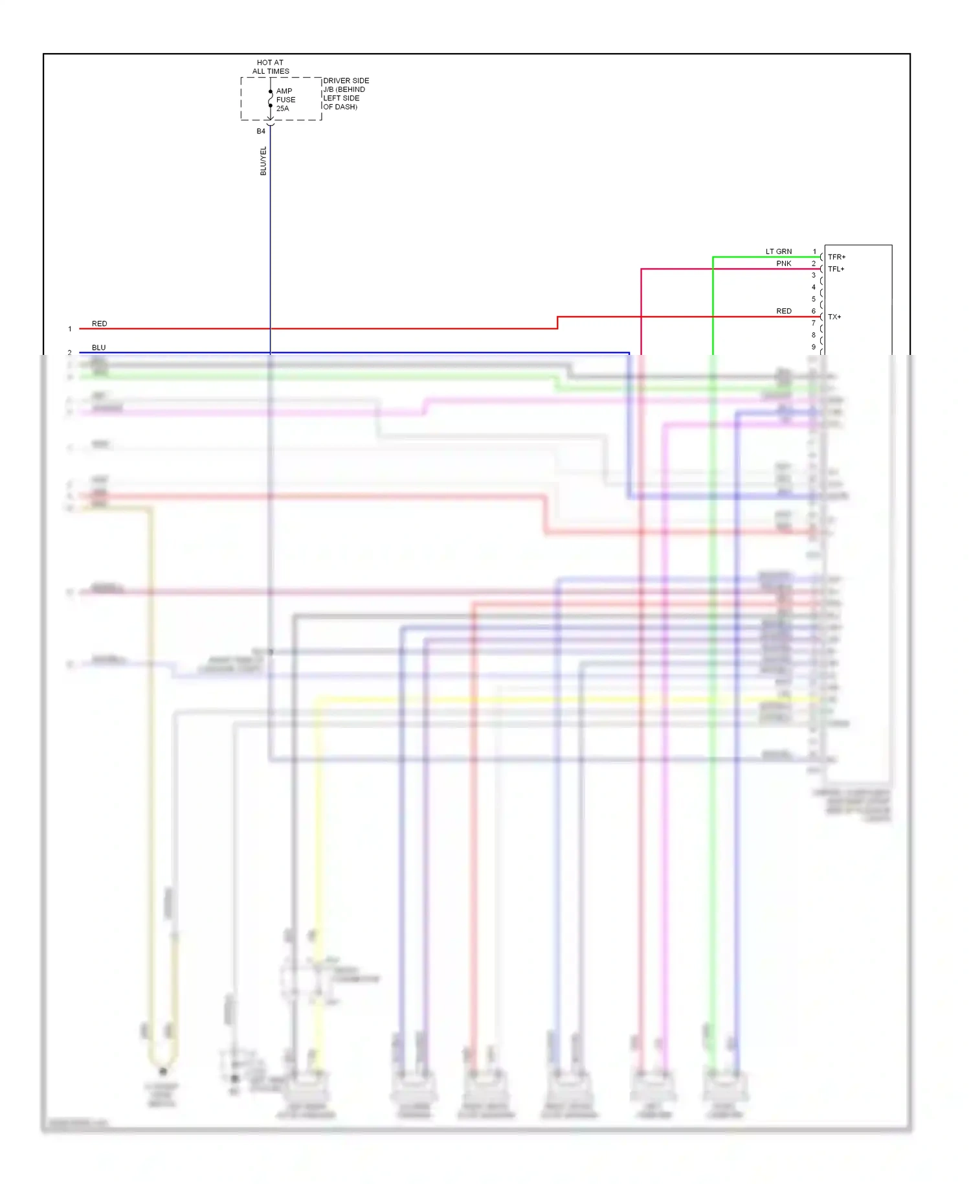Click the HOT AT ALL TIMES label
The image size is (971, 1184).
[271, 67]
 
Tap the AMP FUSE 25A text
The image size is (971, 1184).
[285, 100]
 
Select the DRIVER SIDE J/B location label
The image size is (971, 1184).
[346, 94]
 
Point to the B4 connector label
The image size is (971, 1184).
[261, 131]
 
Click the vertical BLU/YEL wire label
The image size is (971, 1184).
[263, 161]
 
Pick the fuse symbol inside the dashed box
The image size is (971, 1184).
[271, 98]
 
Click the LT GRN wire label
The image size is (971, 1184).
[779, 251]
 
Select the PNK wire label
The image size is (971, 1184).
[784, 264]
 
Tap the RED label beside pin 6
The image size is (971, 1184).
[784, 311]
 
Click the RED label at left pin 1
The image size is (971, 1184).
[100, 323]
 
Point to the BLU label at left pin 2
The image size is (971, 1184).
[98, 347]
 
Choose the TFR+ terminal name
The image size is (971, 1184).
[836, 257]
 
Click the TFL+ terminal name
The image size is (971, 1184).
[836, 269]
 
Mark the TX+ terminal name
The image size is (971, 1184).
[834, 317]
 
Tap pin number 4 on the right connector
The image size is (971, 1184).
[814, 287]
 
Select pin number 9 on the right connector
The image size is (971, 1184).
[814, 347]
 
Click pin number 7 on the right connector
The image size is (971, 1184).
[814, 323]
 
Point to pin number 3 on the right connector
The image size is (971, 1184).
[814, 275]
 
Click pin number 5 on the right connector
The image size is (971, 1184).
[814, 299]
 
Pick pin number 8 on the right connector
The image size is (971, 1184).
[814, 335]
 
